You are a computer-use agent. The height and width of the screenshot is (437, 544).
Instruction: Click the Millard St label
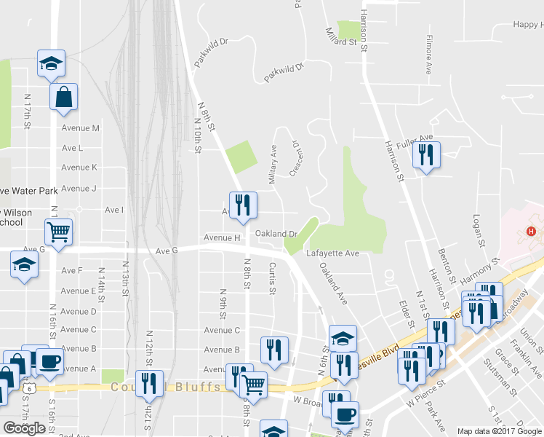341,37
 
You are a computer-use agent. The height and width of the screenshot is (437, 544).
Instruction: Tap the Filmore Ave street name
429,54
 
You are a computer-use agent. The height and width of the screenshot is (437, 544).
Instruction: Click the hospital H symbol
532,232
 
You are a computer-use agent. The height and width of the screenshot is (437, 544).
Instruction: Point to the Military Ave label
273,163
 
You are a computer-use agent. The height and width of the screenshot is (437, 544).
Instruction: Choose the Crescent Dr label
295,159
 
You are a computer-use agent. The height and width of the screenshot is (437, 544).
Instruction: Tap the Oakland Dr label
277,234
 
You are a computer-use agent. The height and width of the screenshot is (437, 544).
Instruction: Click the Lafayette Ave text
332,253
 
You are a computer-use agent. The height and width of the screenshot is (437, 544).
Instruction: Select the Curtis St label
273,278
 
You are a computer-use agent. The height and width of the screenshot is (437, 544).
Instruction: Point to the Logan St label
478,229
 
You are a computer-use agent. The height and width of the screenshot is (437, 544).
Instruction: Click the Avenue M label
80,128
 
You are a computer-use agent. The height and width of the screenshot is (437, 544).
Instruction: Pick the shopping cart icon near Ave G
59,232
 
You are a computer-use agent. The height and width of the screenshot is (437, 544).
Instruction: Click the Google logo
24,428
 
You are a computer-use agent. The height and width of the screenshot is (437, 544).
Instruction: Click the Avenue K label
79,168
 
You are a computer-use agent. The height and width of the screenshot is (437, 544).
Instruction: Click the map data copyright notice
500,431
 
